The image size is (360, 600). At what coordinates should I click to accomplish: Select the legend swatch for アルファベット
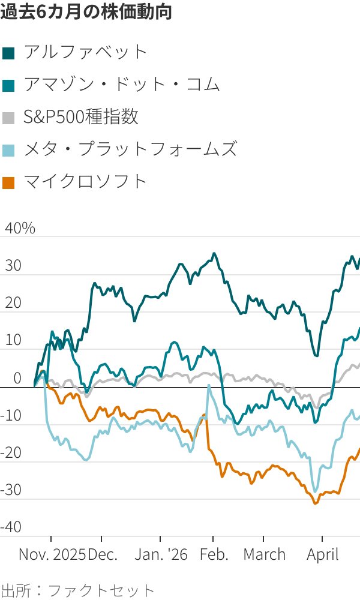[x=9, y=52]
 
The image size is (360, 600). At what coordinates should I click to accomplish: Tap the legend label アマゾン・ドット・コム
[x=122, y=85]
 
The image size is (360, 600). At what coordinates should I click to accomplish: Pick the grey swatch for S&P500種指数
[x=9, y=117]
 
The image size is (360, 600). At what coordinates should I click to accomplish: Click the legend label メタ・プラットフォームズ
[x=130, y=149]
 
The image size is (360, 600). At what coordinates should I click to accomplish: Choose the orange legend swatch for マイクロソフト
[x=9, y=182]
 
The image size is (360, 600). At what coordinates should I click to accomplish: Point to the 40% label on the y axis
[x=20, y=229]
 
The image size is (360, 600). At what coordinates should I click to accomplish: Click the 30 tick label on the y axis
[x=13, y=266]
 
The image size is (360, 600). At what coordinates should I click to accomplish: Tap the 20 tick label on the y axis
[x=13, y=303]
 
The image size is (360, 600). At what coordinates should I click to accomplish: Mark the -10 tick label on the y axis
[x=13, y=415]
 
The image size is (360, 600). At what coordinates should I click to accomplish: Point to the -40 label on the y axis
[x=13, y=527]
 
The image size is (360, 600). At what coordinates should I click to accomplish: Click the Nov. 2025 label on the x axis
[x=52, y=554]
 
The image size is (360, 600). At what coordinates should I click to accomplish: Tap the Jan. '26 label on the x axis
[x=161, y=554]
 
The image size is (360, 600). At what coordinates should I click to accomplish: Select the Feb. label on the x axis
[x=214, y=554]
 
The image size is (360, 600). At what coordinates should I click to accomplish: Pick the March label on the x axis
[x=264, y=554]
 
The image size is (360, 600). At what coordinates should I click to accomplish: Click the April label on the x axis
[x=323, y=554]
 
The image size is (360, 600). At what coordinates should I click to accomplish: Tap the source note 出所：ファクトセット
[x=77, y=589]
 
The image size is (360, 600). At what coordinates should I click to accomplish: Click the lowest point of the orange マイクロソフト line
[x=316, y=503]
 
